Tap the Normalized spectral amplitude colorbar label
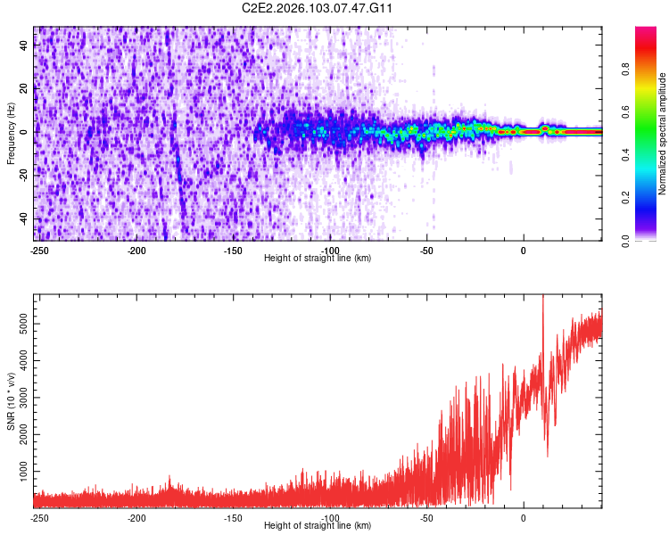point(663,134)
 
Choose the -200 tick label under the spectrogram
point(136,250)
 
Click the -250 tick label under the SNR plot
point(39,517)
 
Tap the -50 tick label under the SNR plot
point(426,517)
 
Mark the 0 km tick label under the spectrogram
point(524,250)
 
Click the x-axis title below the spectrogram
point(318,259)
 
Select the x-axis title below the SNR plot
point(318,526)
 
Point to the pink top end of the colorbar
point(646,32)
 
